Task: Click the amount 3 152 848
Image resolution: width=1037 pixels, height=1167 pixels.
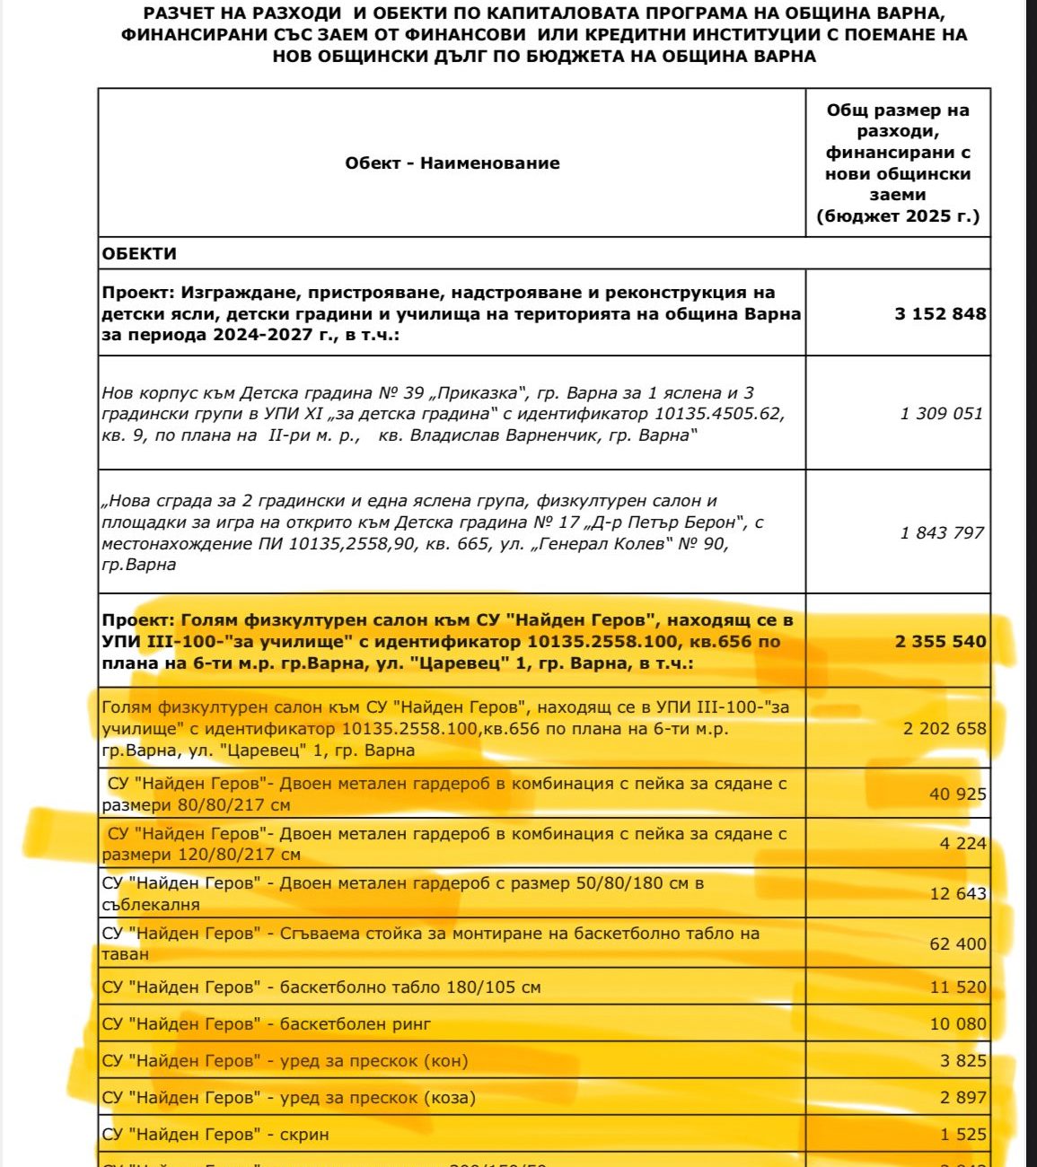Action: pos(940,314)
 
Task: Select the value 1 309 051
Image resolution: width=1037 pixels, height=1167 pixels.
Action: pos(942,414)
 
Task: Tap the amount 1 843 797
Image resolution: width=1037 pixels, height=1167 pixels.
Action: pos(942,533)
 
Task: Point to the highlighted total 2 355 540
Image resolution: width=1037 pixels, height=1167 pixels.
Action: pos(940,642)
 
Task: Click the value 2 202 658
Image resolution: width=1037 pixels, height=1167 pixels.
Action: pos(944,729)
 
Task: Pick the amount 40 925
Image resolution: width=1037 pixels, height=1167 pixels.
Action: pos(957,794)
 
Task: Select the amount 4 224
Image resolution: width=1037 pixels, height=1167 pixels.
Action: pos(962,844)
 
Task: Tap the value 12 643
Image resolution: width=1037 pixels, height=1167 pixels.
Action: pos(957,894)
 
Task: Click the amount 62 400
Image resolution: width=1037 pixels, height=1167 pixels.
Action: pos(957,944)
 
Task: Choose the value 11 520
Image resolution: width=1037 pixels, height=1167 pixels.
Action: pos(957,987)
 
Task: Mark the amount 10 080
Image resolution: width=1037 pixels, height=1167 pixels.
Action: pos(957,1024)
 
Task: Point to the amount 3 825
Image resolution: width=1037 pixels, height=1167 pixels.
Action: pos(962,1061)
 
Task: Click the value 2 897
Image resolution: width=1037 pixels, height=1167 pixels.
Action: pos(962,1098)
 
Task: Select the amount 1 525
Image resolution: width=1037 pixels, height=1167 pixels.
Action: pos(962,1135)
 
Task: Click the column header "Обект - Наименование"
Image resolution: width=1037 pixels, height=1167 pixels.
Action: pos(453,163)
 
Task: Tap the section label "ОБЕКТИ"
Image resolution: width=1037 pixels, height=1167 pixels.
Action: pos(139,254)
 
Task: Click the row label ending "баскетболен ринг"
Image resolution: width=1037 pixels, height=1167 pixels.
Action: pos(267,1024)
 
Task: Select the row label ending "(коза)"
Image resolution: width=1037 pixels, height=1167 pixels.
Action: pos(288,1098)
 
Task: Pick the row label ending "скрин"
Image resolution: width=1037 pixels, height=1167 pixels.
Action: pos(215,1135)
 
